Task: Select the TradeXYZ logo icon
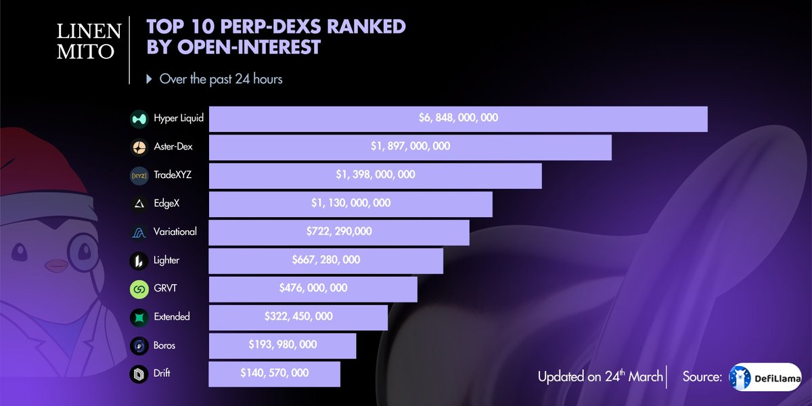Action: tap(139, 176)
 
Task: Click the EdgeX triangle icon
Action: tap(139, 204)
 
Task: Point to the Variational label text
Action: tap(175, 232)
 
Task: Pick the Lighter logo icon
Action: tap(139, 261)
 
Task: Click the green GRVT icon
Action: tap(139, 289)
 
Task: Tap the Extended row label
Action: tap(172, 317)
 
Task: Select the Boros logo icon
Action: tap(139, 346)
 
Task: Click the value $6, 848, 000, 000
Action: tap(458, 118)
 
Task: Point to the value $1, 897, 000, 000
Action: tap(410, 146)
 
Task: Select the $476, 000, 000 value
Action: tap(313, 288)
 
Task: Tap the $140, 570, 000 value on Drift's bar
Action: tap(275, 373)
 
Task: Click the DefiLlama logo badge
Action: tap(765, 376)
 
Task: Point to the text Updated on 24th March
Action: tap(600, 377)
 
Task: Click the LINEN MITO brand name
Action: tap(85, 41)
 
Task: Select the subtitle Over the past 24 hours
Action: tap(221, 79)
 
